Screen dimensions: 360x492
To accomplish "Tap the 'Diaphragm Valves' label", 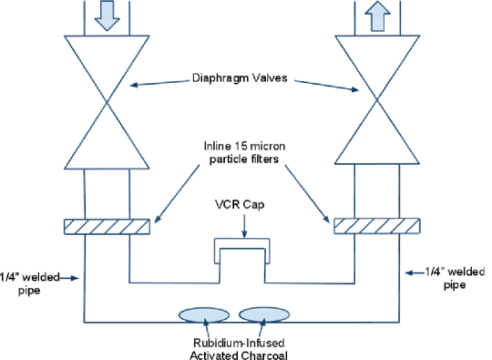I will click(x=240, y=77).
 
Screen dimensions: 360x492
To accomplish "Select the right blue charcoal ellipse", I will click(x=264, y=314).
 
